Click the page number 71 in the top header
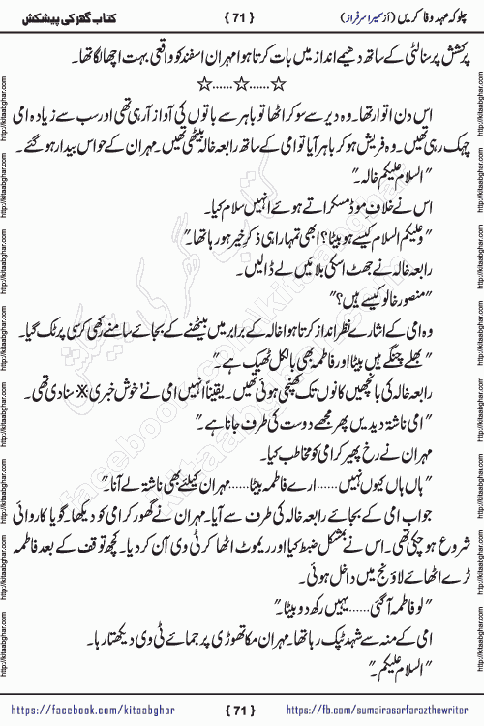[x=242, y=15]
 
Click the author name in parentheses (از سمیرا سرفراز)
[x=334, y=15]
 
